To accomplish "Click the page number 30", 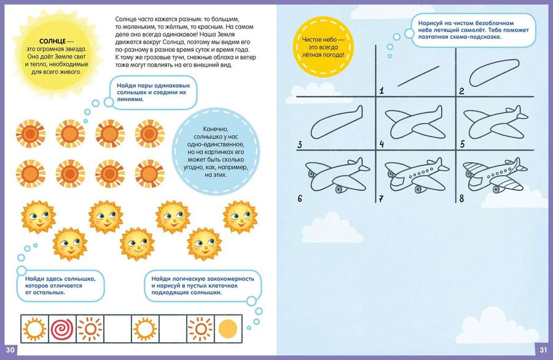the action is (x=10, y=350).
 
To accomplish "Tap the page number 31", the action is (x=543, y=350).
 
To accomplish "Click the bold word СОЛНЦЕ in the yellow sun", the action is (x=52, y=41).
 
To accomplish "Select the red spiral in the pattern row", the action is (x=62, y=329).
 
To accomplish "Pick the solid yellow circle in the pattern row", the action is (x=228, y=329).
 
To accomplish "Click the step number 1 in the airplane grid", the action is (x=381, y=91).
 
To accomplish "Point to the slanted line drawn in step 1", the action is (x=418, y=76).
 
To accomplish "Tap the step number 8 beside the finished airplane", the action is (x=461, y=198).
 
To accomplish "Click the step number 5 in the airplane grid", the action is (x=462, y=144).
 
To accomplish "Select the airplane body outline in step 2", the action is (x=494, y=72).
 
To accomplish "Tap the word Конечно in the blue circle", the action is (x=216, y=129).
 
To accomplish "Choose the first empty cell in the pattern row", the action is (x=117, y=329).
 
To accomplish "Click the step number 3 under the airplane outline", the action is (x=299, y=144).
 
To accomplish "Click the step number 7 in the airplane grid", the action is (x=381, y=199).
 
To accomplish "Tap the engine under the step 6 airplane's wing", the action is (x=339, y=189).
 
